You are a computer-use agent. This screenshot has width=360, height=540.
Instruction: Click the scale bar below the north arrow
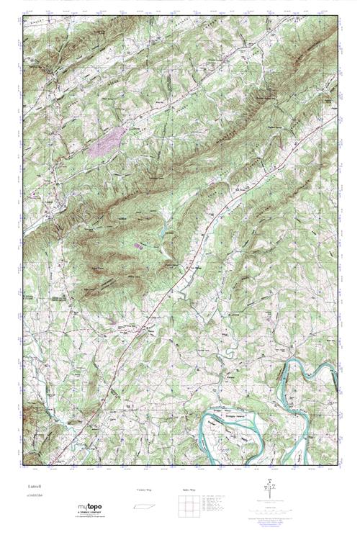pyautogui.click(x=269, y=507)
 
